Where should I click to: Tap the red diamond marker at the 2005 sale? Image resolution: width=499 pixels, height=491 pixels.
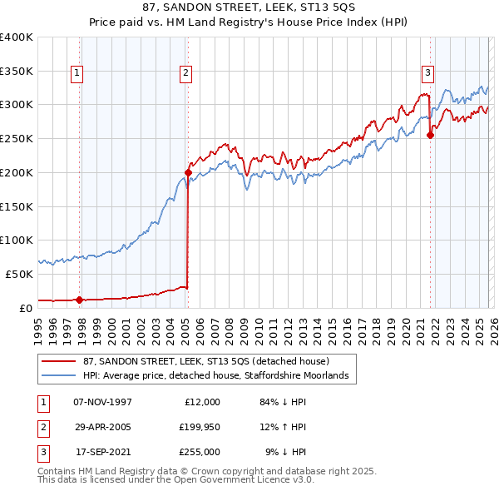[188, 172]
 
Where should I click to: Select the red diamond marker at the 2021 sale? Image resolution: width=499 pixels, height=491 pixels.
[431, 135]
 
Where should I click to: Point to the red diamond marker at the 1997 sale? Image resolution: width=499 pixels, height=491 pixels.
[80, 300]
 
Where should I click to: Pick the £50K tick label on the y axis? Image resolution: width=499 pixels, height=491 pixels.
[20, 274]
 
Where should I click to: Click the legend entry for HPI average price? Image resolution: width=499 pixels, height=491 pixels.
[220, 376]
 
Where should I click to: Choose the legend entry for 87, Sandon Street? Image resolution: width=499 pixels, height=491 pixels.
[206, 361]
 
